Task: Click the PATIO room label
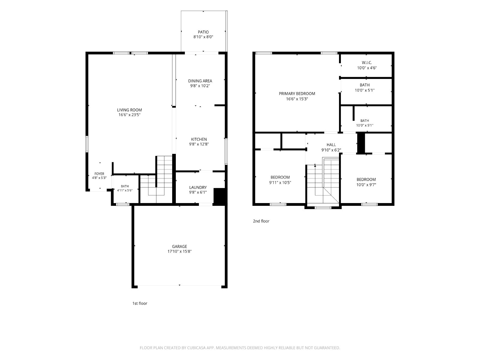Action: tap(203, 32)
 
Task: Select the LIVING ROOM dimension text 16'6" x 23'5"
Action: tap(129, 115)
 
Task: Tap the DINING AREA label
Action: tap(200, 81)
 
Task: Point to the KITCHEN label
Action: tap(199, 139)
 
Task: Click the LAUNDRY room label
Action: tap(198, 187)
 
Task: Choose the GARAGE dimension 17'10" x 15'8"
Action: tap(179, 251)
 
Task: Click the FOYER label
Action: tap(99, 174)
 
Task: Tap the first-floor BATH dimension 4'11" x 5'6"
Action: tap(124, 190)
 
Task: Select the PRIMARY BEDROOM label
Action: tap(297, 94)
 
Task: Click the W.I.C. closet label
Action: tap(367, 62)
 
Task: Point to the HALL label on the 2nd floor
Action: tap(331, 145)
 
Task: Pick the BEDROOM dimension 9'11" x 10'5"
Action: tap(280, 182)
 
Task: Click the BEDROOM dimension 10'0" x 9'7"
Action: tap(366, 185)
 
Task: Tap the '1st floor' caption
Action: tap(140, 303)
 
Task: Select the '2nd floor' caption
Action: tap(261, 221)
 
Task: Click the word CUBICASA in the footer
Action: tap(196, 348)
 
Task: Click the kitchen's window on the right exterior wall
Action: tap(226, 151)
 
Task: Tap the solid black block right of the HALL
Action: tap(361, 143)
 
